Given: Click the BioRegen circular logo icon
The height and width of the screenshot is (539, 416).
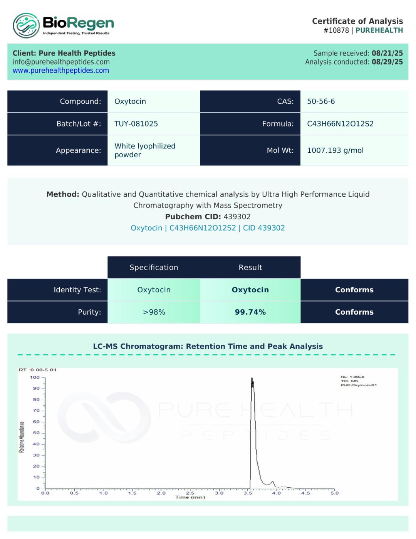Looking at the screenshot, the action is (x=26, y=25).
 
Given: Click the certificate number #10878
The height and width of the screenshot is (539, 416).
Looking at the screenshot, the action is (x=336, y=30).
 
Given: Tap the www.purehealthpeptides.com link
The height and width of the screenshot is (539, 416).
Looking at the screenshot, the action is (x=61, y=71).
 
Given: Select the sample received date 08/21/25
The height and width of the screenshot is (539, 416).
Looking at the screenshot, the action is (x=387, y=53).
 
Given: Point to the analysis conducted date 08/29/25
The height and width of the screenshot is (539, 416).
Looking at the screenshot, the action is (x=387, y=62).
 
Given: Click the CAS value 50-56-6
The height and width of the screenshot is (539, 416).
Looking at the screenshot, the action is (x=321, y=101).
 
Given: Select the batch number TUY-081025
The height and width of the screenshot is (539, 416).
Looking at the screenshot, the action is (x=136, y=124).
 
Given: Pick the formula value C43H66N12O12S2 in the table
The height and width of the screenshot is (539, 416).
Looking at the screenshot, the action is (x=340, y=124).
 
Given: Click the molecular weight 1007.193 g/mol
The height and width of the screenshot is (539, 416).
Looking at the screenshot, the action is (x=335, y=150).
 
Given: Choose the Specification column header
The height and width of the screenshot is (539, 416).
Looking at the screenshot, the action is (x=154, y=268).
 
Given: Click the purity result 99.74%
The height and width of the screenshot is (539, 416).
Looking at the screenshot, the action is (x=250, y=312).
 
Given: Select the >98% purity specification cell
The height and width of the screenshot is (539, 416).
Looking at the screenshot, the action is (x=154, y=312).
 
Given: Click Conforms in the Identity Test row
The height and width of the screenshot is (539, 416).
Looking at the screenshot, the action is (x=354, y=290).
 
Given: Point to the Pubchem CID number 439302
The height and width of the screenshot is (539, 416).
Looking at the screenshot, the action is (x=237, y=217).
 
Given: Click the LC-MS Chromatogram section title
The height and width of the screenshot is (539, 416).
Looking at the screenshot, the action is (x=208, y=346).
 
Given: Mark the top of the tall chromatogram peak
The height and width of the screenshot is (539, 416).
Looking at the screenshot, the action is (x=252, y=378).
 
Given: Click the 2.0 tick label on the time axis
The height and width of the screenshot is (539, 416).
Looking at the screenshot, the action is (x=161, y=493).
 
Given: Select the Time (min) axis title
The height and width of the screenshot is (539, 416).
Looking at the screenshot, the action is (x=190, y=497).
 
